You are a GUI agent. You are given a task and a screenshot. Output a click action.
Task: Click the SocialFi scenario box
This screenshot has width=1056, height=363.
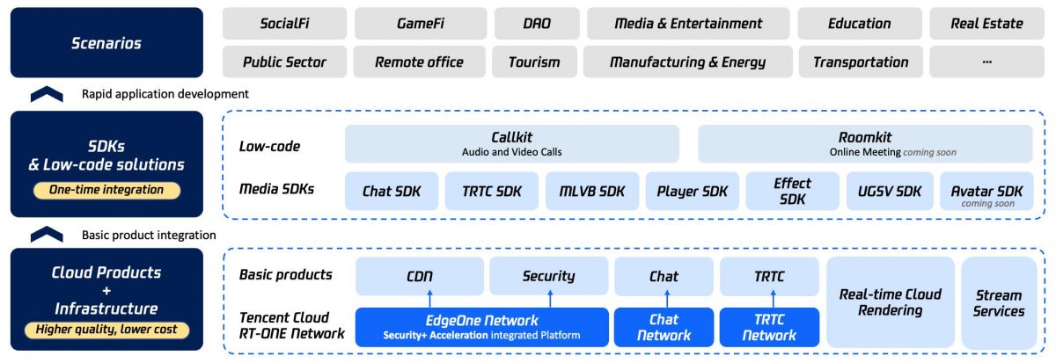coord(283,24)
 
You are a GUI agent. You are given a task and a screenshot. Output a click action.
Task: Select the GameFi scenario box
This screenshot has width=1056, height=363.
coord(420,24)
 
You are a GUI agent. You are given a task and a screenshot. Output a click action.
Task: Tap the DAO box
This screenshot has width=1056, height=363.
coord(537,24)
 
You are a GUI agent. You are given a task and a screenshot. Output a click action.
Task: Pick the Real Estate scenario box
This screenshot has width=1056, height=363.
coord(986,24)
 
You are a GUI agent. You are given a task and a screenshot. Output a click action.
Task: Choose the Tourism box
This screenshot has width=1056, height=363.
coord(534,62)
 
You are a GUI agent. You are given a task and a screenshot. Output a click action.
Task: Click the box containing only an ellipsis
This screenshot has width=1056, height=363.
coord(986,62)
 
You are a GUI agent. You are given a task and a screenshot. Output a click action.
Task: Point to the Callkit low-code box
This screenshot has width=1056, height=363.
coord(512,143)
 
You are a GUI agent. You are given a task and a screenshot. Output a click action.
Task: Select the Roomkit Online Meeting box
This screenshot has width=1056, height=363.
coord(865,143)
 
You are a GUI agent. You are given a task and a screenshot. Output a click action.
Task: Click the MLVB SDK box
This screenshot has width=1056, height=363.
coord(589,192)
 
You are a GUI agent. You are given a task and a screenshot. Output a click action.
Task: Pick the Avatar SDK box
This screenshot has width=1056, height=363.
coord(986,192)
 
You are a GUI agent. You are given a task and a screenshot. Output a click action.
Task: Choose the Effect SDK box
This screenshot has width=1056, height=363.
coord(792,192)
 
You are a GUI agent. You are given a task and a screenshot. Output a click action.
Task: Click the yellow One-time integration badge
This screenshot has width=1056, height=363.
coord(106,190)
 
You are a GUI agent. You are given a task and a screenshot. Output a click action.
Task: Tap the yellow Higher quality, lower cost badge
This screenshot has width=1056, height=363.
coord(106,330)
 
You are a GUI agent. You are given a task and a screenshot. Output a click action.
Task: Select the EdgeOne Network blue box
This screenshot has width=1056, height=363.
coord(481,327)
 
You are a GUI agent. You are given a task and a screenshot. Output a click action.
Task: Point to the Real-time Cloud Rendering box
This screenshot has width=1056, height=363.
coord(890,302)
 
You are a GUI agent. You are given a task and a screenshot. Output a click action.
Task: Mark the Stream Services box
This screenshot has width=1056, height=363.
coord(999,302)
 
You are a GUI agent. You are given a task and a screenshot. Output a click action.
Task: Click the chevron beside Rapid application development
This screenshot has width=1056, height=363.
coord(47,94)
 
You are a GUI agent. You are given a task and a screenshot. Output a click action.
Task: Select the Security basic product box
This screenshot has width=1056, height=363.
coord(547,276)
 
